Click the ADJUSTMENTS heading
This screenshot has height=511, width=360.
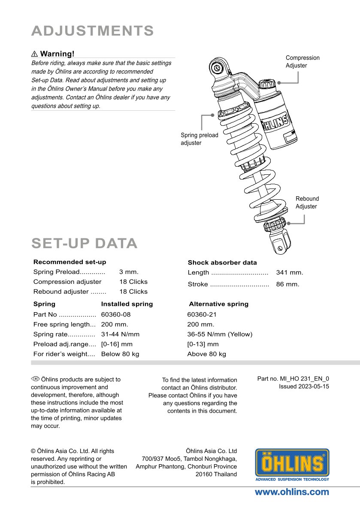coord(93,31)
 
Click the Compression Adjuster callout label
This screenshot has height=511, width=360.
coord(303,61)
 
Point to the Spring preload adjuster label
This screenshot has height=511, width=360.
coord(199,139)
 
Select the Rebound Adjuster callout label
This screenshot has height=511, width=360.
coord(307,202)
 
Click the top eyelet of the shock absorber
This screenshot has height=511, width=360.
coord(218,67)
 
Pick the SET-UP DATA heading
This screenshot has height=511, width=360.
coord(85,243)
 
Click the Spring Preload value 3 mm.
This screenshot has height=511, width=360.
coord(129,272)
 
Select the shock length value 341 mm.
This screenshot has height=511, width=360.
coord(290,272)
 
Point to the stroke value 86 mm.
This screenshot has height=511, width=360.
coord(287,284)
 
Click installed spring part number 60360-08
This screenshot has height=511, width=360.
coord(115,314)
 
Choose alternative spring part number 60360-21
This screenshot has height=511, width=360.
coord(202,314)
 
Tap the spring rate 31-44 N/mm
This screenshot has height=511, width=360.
coord(120,334)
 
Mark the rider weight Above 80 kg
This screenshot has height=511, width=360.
coord(206,354)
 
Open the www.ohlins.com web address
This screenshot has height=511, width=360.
coord(292,492)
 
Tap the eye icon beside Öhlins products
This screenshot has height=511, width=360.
coord(35,379)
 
